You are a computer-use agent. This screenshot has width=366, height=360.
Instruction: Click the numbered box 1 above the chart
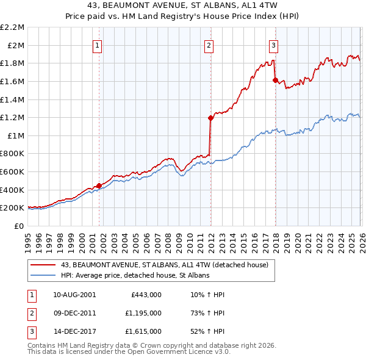click(98, 45)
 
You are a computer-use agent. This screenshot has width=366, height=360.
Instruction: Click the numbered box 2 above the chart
click(209, 45)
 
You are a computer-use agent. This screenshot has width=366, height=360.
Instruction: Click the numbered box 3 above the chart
click(274, 45)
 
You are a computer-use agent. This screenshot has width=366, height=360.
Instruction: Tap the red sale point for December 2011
click(210, 118)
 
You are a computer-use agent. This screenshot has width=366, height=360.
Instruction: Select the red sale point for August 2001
click(99, 186)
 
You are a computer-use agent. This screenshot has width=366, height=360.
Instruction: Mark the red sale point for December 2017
click(275, 80)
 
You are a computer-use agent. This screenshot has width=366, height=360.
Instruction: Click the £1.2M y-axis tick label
click(13, 117)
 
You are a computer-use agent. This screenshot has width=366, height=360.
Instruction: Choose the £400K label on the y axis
click(13, 190)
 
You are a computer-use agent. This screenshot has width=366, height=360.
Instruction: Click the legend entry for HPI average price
click(135, 276)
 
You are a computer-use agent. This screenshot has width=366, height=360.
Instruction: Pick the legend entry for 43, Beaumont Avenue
click(168, 265)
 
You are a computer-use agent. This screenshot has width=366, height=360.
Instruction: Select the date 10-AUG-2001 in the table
click(74, 295)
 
